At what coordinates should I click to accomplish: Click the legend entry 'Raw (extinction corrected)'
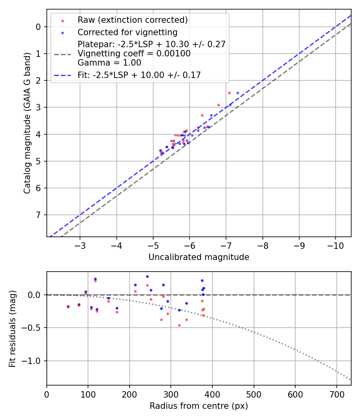coord(132,20)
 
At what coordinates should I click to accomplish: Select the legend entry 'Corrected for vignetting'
coord(128,32)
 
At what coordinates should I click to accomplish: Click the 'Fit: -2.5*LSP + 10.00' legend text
coord(139,75)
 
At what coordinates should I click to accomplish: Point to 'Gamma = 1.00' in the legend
coord(109,62)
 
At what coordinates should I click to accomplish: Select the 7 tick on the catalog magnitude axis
coord(38,215)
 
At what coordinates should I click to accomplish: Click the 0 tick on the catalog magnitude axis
coord(38,27)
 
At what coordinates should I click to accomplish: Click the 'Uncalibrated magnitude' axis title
coord(199,257)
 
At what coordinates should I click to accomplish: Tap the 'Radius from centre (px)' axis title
coord(199,406)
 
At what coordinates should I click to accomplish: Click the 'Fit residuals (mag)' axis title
coord(12,328)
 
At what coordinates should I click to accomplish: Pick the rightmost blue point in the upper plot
coord(238,93)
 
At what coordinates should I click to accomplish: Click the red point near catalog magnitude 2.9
coord(218,105)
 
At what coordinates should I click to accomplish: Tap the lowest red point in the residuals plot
coord(179,325)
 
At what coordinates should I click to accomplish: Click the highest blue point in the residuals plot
coord(147,276)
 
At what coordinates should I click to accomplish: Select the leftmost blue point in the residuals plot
coord(68,306)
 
